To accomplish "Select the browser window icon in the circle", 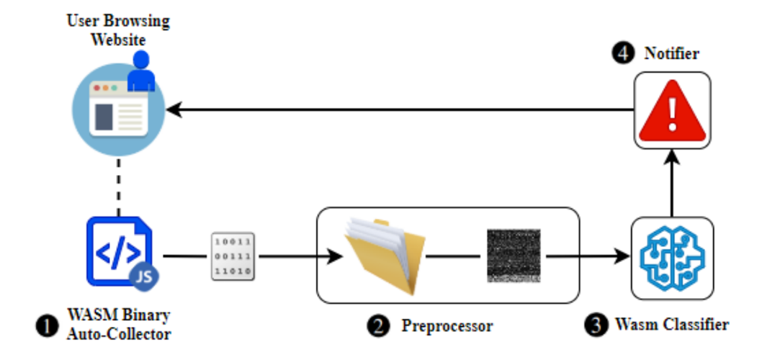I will pyautogui.click(x=117, y=109).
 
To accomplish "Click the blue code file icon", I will pyautogui.click(x=117, y=251).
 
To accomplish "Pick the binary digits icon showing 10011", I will pyautogui.click(x=231, y=256).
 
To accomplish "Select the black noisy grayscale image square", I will pyautogui.click(x=512, y=256).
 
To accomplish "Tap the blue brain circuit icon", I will pyautogui.click(x=671, y=257).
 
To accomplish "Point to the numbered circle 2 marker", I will pyautogui.click(x=377, y=325).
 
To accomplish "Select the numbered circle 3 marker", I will pyautogui.click(x=595, y=325).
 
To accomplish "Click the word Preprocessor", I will pyautogui.click(x=447, y=326).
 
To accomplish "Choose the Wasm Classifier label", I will pyautogui.click(x=671, y=325).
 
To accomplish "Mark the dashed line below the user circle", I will pyautogui.click(x=118, y=184).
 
